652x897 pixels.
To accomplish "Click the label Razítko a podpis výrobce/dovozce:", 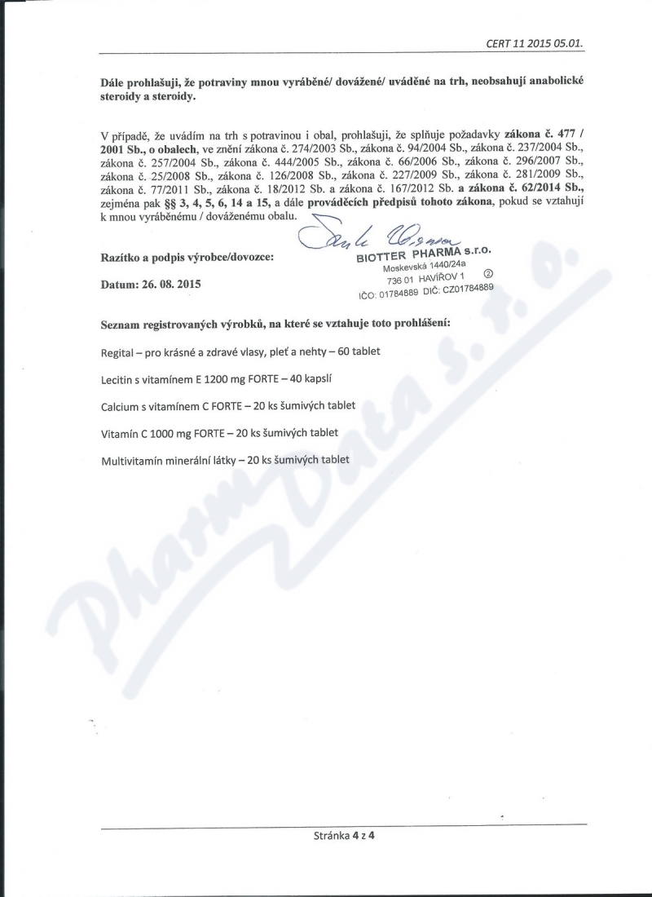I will (187, 256).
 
